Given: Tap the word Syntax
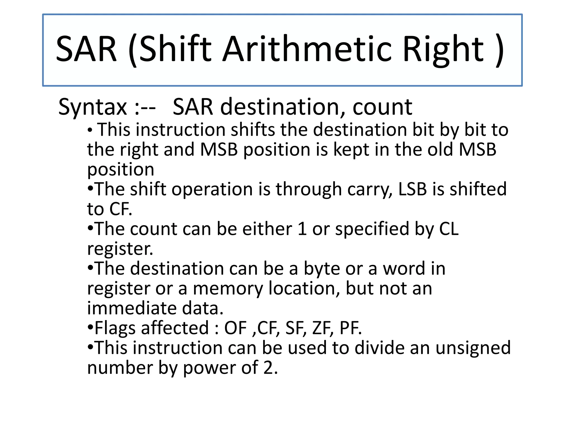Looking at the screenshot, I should [x=92, y=107].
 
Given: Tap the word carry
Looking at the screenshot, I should [x=370, y=189].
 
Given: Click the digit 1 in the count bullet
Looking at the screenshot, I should [x=302, y=229].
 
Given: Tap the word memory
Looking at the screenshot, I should [x=228, y=289].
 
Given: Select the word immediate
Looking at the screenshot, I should [x=132, y=308].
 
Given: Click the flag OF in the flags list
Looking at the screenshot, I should [x=235, y=328].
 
